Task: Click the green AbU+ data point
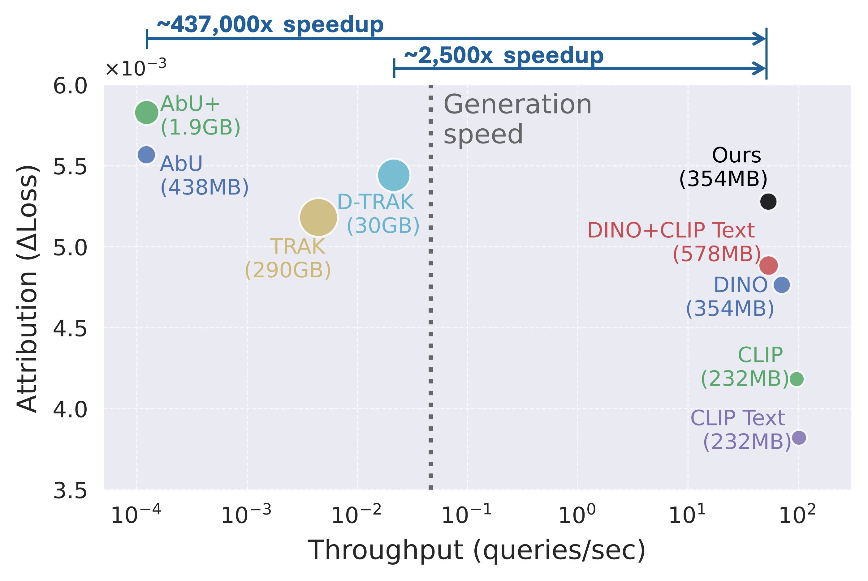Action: [x=146, y=112]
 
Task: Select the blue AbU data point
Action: [x=146, y=155]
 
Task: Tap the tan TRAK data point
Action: [x=318, y=217]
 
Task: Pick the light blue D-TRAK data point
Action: [x=394, y=175]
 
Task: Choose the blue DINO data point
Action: [x=782, y=284]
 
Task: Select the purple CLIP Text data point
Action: [x=799, y=437]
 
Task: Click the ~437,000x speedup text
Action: [x=270, y=25]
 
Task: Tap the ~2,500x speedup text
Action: [x=503, y=56]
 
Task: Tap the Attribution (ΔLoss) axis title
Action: [x=28, y=288]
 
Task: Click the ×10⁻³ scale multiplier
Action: [x=136, y=69]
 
